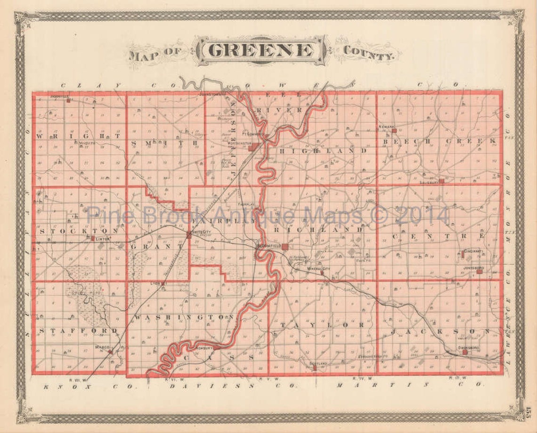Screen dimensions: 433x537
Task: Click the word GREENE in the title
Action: click(x=260, y=50)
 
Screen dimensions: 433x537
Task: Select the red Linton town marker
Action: click(x=93, y=238)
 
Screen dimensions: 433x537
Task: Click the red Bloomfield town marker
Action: click(x=285, y=246)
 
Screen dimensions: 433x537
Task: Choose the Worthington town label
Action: click(x=238, y=143)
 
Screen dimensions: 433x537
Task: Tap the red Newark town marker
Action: click(x=394, y=131)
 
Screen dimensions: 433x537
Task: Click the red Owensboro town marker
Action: click(x=464, y=352)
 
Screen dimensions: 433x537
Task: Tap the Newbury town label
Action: click(x=204, y=348)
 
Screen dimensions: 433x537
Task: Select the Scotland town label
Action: click(x=318, y=363)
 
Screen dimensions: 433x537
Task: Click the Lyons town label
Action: click(x=156, y=283)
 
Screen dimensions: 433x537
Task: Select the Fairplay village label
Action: click(x=246, y=205)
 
